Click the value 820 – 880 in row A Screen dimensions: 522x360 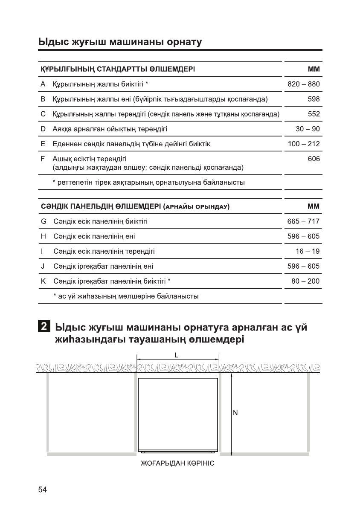(303, 84)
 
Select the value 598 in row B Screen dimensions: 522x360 (314, 99)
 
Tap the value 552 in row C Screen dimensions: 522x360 (314, 114)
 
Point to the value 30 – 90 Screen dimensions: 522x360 (308, 129)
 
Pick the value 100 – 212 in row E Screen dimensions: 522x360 (303, 144)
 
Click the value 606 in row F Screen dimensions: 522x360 (314, 159)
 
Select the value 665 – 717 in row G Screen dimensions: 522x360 (303, 221)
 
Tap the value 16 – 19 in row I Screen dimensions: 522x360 (308, 251)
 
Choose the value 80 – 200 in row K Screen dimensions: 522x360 (305, 281)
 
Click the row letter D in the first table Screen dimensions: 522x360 (43, 129)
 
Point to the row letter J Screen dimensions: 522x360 (43, 266)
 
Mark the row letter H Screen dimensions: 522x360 (43, 236)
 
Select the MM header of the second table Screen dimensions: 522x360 (314, 206)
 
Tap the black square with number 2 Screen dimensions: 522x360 (43, 328)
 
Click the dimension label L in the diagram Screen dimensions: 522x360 (177, 354)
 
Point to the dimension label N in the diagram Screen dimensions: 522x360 (235, 413)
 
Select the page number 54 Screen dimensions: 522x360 (42, 489)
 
